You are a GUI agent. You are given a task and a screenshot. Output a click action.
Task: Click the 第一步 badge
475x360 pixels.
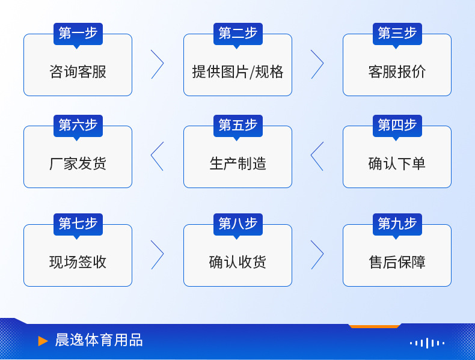coord(78,34)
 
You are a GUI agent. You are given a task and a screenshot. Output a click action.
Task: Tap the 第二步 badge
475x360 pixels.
coord(237,34)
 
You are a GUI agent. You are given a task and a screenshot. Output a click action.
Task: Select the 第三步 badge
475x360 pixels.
coord(397,34)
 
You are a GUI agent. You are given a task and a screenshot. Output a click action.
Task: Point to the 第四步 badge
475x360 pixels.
coord(397,126)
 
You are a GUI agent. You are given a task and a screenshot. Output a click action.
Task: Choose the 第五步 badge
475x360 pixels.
coord(237,126)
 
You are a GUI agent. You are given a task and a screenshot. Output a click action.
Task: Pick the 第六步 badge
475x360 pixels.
coord(78,126)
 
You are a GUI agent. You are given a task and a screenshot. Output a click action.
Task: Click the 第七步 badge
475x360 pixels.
coord(78,224)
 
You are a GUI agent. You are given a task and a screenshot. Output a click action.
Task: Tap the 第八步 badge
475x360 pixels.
coord(237,224)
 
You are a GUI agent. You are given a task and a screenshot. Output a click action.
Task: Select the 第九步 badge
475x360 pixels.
coord(397,224)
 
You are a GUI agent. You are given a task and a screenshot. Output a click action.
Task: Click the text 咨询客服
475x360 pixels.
coord(78,72)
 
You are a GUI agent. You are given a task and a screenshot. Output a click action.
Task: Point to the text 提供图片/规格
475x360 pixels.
coord(237,72)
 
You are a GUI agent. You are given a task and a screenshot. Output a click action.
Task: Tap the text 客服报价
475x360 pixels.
coord(397,72)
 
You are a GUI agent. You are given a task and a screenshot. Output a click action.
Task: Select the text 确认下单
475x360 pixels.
coord(397,164)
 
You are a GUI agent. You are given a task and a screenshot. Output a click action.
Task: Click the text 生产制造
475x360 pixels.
coord(237,164)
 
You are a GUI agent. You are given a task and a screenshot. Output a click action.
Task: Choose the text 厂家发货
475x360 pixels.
coord(78,164)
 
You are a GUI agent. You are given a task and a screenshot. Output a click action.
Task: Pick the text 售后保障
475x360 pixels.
coord(397,263)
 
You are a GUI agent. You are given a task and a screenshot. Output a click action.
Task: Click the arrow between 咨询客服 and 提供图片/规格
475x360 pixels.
coord(158,64)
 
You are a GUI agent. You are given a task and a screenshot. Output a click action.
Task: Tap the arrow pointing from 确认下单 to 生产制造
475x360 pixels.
coord(317,156)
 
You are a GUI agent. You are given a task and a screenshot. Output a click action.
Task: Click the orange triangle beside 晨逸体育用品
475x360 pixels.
coord(43,341)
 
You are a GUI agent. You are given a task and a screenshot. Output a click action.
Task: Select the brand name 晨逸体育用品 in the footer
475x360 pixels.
coord(99,340)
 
